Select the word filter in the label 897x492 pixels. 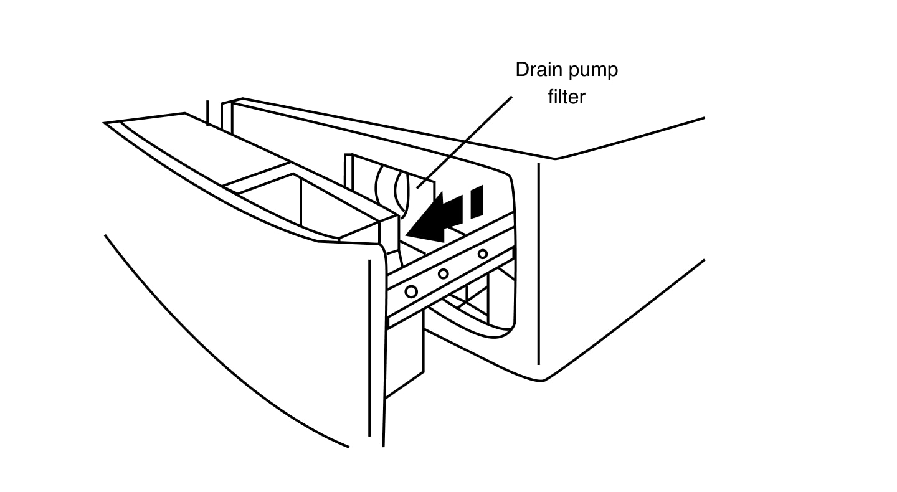coord(567,97)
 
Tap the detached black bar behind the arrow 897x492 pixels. coord(477,201)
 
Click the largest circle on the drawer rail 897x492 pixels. coord(411,291)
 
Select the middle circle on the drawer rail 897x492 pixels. coord(444,273)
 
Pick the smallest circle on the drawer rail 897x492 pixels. coord(482,253)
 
